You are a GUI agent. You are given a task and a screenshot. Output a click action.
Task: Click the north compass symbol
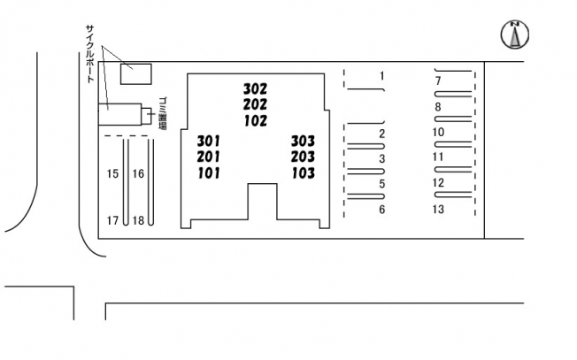tap(514, 34)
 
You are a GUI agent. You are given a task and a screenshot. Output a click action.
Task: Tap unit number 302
tap(255, 89)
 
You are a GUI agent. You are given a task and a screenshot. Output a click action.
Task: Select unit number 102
tap(255, 121)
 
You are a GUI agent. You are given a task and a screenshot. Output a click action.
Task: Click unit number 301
tap(209, 142)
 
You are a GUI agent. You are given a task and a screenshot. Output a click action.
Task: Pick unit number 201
tap(209, 157)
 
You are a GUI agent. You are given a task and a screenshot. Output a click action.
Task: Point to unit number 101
tap(209, 172)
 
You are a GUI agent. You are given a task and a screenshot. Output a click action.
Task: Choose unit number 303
tap(303, 142)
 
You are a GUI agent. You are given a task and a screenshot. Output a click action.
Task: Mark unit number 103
tap(303, 172)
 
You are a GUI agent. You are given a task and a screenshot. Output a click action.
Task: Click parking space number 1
tap(381, 76)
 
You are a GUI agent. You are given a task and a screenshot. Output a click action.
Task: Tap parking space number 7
tap(438, 81)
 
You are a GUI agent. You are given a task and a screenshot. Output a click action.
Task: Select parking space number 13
tap(438, 210)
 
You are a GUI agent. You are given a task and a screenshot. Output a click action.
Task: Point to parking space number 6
tap(381, 210)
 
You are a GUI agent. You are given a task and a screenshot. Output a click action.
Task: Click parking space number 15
tap(112, 174)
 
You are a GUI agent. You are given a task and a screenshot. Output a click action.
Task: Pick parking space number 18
tap(138, 220)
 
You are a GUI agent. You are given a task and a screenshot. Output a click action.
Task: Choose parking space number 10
tap(438, 133)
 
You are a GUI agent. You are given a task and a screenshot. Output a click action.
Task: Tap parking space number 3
tap(381, 159)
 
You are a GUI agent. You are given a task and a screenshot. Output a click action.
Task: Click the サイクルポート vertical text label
tap(89, 53)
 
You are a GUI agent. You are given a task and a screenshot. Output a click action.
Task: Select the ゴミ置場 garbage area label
tap(163, 114)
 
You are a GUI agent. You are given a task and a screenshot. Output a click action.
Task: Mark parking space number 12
tap(438, 183)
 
